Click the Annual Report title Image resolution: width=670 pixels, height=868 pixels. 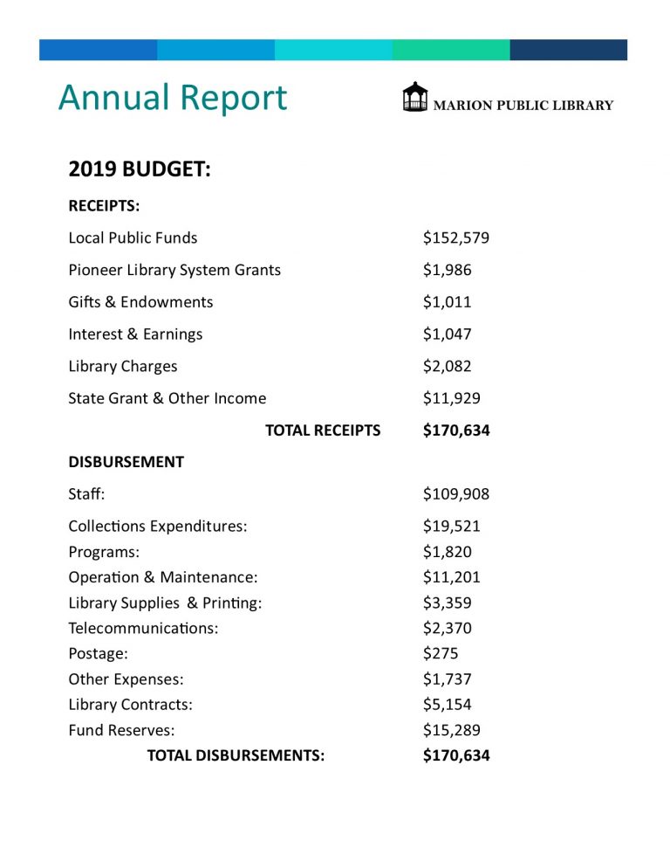[x=172, y=98]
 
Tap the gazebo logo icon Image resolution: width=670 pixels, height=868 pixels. [x=415, y=97]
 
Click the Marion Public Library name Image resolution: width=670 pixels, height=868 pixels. [x=523, y=106]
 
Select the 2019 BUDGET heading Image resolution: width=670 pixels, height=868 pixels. [x=140, y=169]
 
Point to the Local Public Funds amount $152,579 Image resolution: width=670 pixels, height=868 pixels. [x=456, y=238]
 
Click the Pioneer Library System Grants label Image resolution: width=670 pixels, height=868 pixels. [x=174, y=270]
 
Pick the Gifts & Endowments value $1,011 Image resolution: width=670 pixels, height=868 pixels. [x=448, y=302]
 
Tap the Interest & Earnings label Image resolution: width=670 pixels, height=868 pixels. [x=135, y=334]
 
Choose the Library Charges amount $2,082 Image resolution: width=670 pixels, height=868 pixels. [x=448, y=367]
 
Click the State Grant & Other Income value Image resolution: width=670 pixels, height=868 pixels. [x=452, y=399]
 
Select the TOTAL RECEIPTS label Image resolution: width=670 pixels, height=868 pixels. [x=323, y=431]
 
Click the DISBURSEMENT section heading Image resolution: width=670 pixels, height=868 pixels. [x=126, y=462]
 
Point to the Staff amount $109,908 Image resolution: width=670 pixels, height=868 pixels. [x=456, y=494]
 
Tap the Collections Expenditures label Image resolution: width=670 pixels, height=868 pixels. [x=158, y=527]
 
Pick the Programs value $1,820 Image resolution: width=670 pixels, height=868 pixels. [x=448, y=552]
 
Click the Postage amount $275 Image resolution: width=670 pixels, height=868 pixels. [x=441, y=653]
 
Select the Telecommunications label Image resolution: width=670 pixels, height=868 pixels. [x=143, y=628]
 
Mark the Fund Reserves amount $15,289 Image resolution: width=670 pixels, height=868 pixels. [x=452, y=730]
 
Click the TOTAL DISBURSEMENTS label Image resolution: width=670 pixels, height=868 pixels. [x=236, y=755]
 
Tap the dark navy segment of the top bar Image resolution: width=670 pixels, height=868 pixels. [x=568, y=50]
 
